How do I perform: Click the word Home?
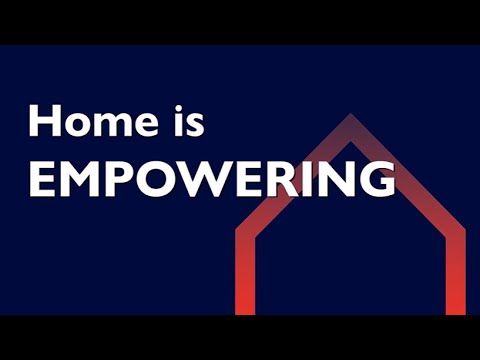pyautogui.click(x=87, y=122)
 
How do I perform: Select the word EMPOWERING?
pyautogui.click(x=210, y=180)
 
